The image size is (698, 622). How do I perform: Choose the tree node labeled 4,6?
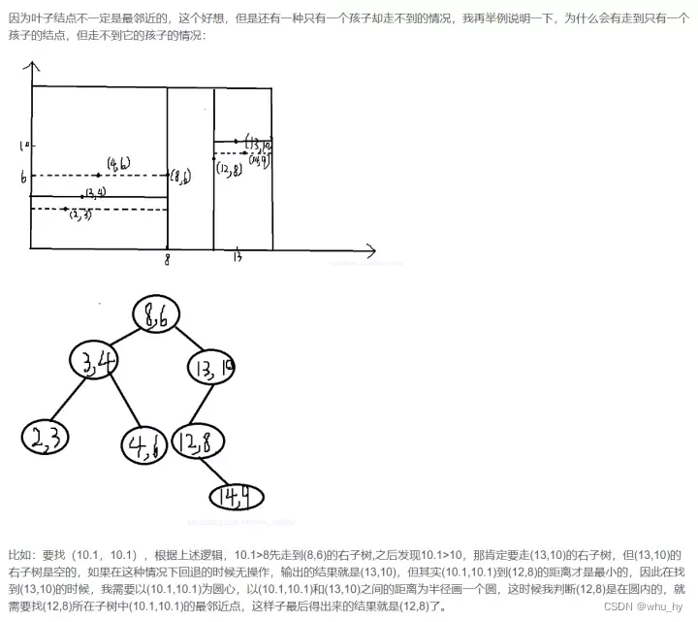147,446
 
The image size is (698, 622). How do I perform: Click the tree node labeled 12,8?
199,442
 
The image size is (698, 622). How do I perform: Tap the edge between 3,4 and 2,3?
66,403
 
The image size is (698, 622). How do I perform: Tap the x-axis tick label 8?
168,260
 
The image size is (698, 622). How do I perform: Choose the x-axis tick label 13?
238,258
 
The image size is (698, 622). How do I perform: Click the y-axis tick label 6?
21,177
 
